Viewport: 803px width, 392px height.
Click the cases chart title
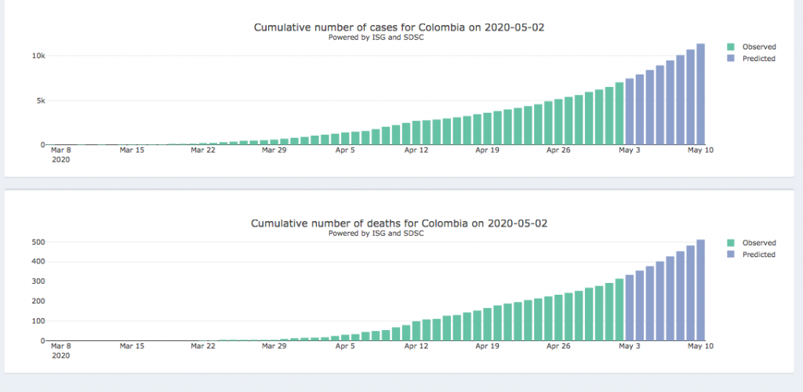[x=398, y=27]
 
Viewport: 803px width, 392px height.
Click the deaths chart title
[x=398, y=223]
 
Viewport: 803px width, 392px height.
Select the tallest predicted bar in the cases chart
[x=700, y=94]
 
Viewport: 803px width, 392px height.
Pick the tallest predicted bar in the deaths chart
[x=700, y=290]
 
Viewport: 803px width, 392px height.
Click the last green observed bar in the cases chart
[x=619, y=114]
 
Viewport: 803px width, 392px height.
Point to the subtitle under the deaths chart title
[x=376, y=234]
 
